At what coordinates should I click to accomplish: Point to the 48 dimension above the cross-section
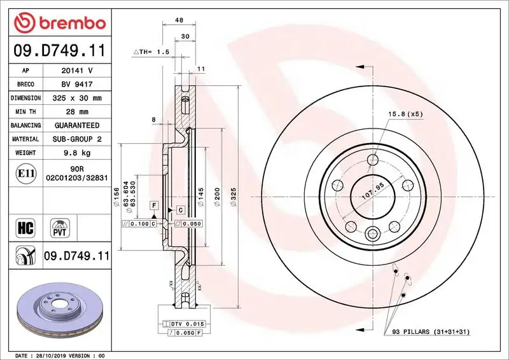(x=179, y=20)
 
